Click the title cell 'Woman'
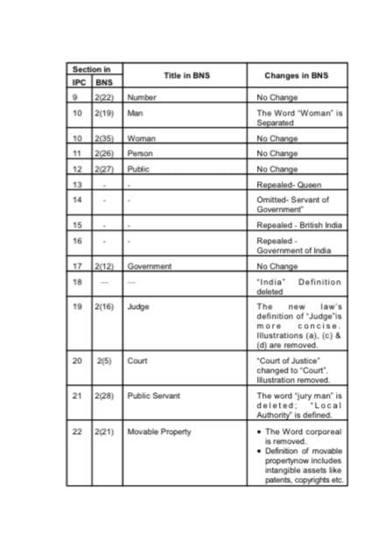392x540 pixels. [142, 138]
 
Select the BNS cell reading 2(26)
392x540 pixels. [105, 153]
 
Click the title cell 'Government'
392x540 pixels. [150, 266]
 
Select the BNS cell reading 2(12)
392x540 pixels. [105, 266]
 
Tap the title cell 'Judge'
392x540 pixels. [139, 307]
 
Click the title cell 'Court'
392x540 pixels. [137, 360]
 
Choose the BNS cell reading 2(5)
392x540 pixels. [105, 360]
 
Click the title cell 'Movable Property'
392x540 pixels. [159, 431]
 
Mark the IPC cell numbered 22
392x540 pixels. [77, 431]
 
